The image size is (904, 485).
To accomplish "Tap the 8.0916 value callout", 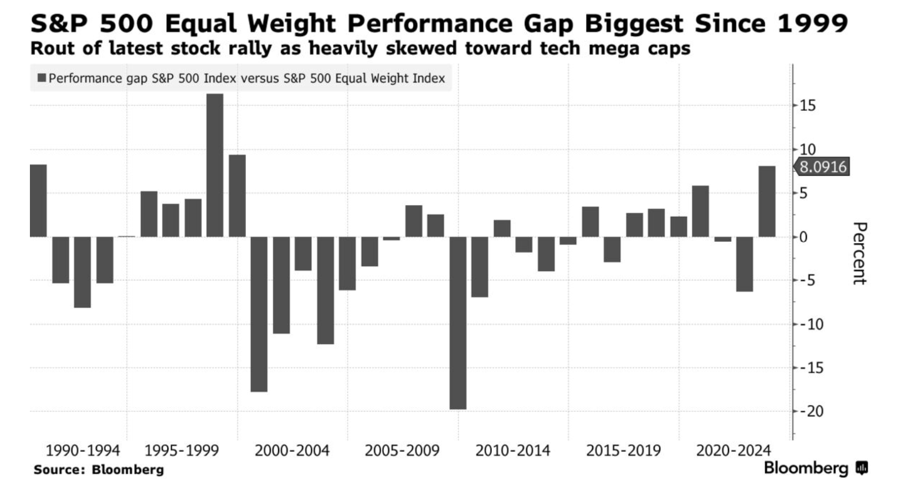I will pos(823,167).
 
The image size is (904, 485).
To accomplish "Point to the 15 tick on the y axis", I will pos(808,105).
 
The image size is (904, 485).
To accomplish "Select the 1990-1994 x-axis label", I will pos(83,450).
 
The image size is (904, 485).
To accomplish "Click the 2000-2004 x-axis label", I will pos(292,450).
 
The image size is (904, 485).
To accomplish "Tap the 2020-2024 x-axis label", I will pos(733,450).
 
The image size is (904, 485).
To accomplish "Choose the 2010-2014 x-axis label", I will pos(513,450).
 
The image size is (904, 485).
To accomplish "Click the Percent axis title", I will pos(859,253).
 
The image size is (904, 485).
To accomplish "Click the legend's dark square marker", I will pos(42,78).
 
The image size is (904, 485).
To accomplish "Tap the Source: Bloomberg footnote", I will pos(99,469).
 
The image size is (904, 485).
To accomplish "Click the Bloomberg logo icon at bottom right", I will pos(862,468).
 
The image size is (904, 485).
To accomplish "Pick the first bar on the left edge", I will pos(38,201).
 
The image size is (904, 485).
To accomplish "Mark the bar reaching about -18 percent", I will pos(259,314).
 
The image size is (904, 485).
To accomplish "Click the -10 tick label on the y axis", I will pos(810,324).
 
